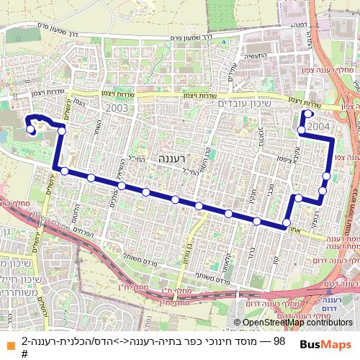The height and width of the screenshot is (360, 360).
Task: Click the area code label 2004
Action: click(x=318, y=125)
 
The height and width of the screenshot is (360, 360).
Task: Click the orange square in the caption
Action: click(x=10, y=341)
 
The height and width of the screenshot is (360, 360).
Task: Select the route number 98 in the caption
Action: click(x=280, y=341)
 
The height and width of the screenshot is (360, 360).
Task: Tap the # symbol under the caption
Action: click(x=24, y=354)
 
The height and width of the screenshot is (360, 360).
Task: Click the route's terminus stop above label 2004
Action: click(x=307, y=113)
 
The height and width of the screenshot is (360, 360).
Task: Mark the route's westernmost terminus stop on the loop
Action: click(x=31, y=130)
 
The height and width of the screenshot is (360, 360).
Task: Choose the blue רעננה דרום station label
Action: click(x=331, y=302)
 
